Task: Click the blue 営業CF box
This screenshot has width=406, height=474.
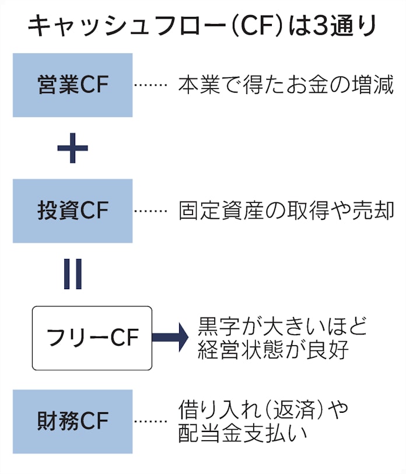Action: [x=72, y=85]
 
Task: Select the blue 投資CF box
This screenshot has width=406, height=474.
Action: [x=72, y=211]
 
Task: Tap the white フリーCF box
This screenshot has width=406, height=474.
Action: [x=92, y=338]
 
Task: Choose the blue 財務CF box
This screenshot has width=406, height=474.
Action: [x=72, y=421]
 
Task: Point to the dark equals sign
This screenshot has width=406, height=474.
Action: [x=73, y=273]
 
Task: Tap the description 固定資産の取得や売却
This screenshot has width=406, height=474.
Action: [x=286, y=211]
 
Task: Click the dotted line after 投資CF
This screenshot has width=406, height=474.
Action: [x=150, y=211]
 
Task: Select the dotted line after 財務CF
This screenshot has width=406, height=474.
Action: [x=150, y=421]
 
